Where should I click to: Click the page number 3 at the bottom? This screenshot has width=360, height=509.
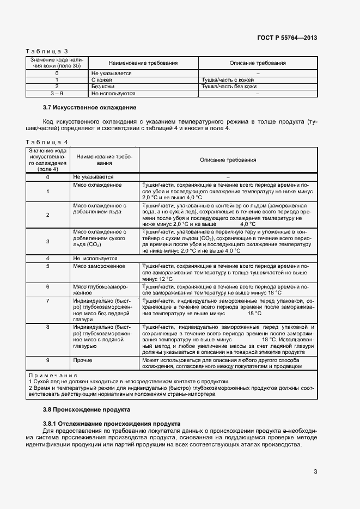(x=315, y=471)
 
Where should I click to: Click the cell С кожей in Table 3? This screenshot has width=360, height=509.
(x=102, y=79)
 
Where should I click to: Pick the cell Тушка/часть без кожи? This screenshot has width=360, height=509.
(x=229, y=86)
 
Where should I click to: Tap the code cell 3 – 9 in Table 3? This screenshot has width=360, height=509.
(x=57, y=93)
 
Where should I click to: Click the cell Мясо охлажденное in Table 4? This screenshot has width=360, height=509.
(x=97, y=185)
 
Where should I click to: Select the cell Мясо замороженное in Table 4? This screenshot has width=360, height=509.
(x=99, y=266)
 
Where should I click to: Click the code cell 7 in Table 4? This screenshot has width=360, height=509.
(x=48, y=300)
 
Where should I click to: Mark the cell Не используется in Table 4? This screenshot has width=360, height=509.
(x=95, y=258)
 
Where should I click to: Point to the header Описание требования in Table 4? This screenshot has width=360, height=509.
(x=228, y=160)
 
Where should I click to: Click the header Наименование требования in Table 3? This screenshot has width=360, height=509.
(x=144, y=63)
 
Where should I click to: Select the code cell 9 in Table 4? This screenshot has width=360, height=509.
(x=48, y=360)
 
